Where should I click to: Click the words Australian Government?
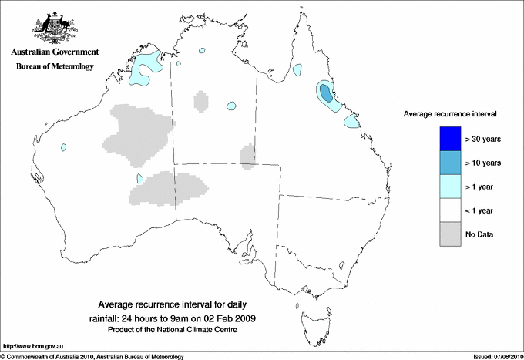click(x=54, y=53)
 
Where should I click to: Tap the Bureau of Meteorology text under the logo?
click(x=54, y=67)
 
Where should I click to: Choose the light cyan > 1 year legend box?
click(x=449, y=186)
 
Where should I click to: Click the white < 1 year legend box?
click(x=449, y=210)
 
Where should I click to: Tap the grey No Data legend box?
click(x=449, y=234)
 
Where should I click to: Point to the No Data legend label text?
click(x=479, y=234)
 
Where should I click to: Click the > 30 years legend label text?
click(x=485, y=139)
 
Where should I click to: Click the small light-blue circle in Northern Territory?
click(x=231, y=105)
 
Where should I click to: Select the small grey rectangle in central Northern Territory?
click(x=200, y=101)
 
